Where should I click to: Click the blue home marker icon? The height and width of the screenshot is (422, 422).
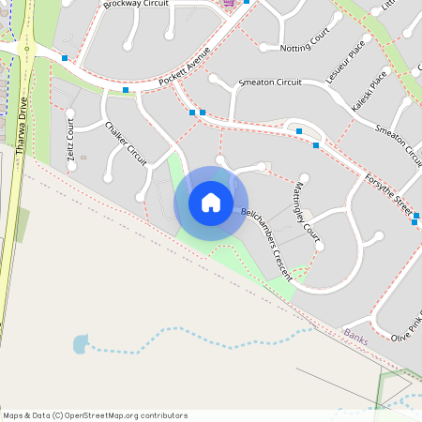(211, 203)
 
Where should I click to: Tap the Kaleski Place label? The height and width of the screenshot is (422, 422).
(368, 87)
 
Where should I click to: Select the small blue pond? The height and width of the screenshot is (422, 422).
(79, 345)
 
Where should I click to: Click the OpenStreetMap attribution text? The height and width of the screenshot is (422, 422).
(95, 415)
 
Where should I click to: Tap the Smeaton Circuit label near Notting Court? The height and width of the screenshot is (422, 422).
(270, 83)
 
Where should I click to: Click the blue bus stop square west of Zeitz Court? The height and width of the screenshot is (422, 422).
(65, 58)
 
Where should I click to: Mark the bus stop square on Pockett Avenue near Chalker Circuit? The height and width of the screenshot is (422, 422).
(126, 90)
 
